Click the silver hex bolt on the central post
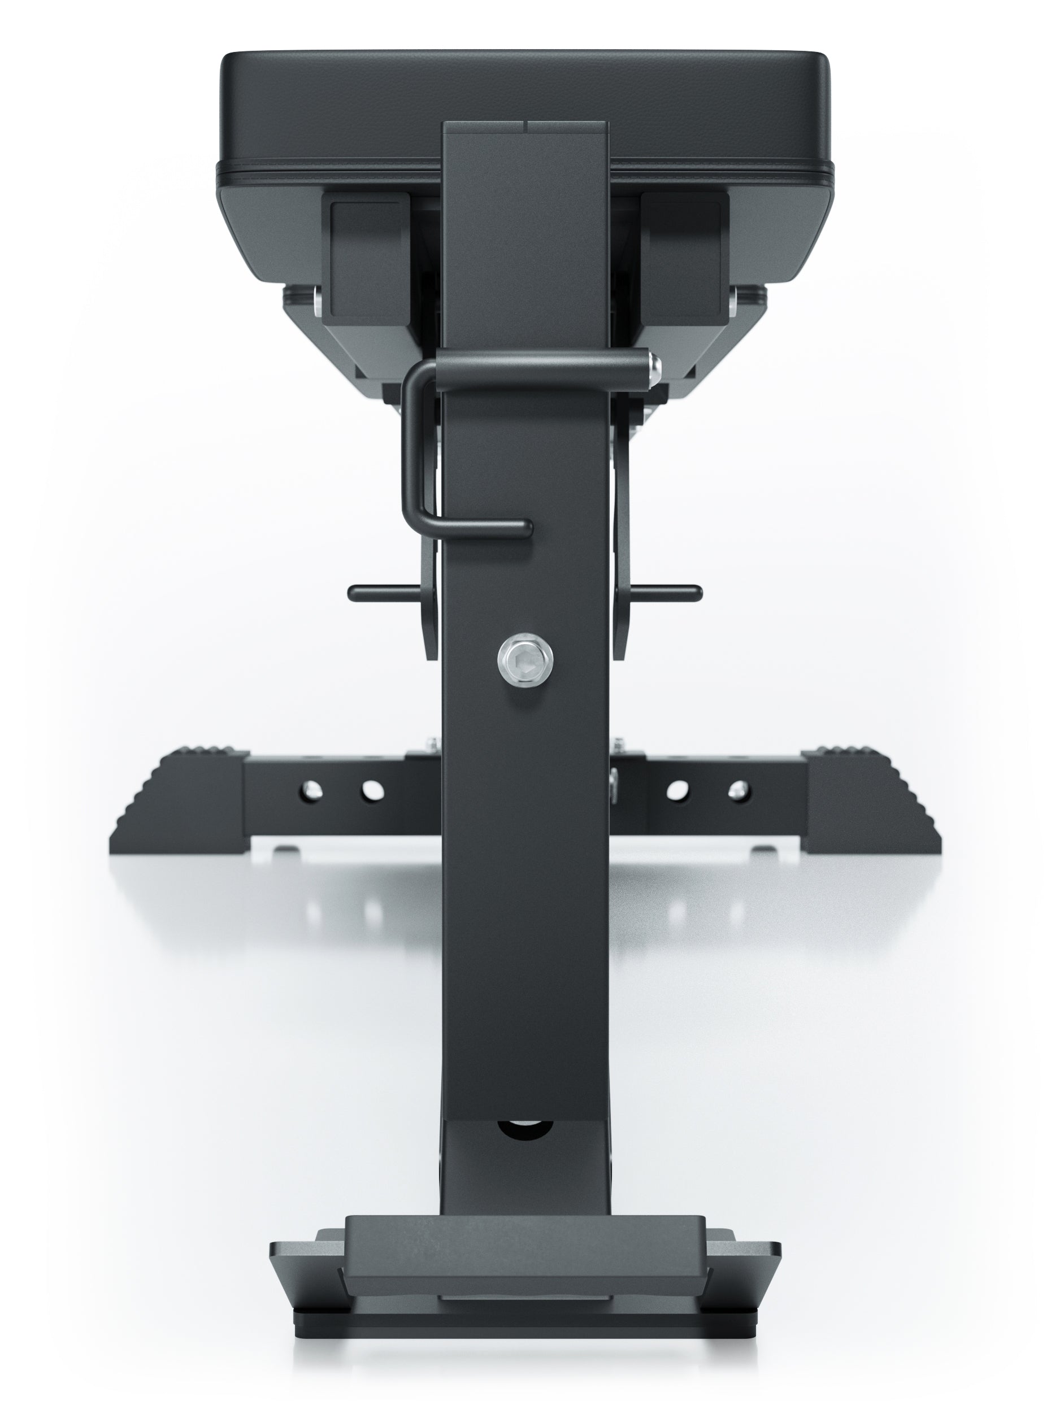click(x=524, y=660)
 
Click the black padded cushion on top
click(x=524, y=95)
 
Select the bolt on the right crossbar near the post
click(x=613, y=779)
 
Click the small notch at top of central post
click(x=526, y=127)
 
